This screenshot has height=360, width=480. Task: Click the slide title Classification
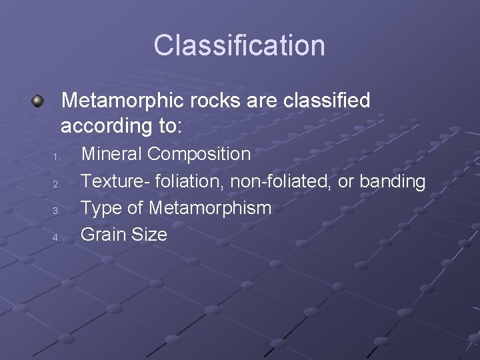click(x=239, y=45)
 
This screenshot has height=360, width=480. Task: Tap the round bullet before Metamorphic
click(x=38, y=101)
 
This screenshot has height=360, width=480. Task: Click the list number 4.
click(x=57, y=237)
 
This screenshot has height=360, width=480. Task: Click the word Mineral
click(x=111, y=154)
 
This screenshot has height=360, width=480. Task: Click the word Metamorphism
click(x=210, y=207)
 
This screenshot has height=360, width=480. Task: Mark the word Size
click(x=149, y=234)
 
